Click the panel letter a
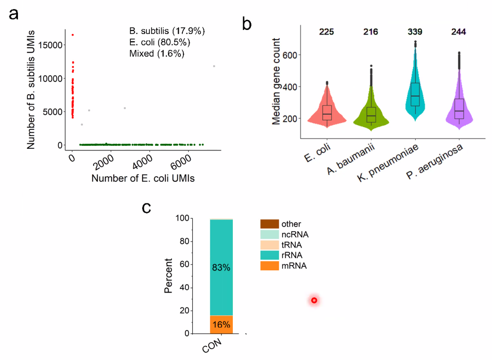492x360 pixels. tap(13, 14)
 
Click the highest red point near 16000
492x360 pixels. tap(73, 35)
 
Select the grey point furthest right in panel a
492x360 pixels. tap(214, 66)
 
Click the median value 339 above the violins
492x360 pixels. tap(415, 32)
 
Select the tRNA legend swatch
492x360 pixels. tap(269, 245)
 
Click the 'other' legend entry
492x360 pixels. tap(289, 224)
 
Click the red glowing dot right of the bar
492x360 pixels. tap(314, 300)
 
